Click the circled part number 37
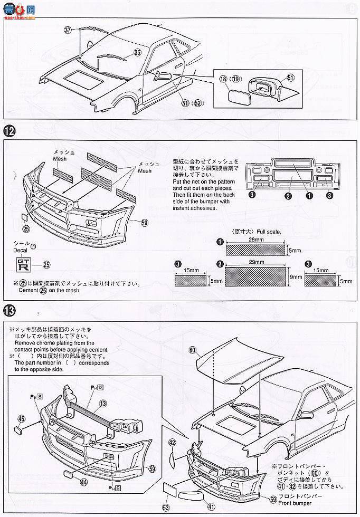click(67, 30)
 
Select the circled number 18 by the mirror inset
click(223, 79)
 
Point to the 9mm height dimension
click(296, 276)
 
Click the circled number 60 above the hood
click(192, 350)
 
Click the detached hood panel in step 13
click(232, 364)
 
